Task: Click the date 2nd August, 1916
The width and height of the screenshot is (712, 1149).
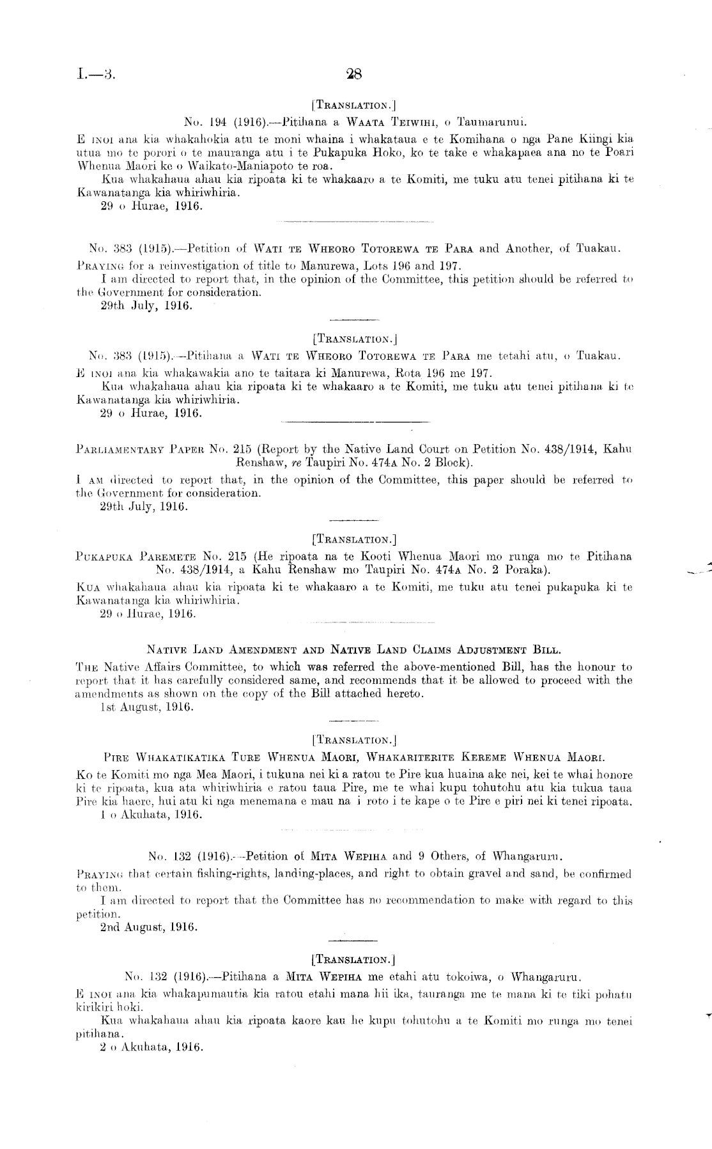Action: pos(149,927)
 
